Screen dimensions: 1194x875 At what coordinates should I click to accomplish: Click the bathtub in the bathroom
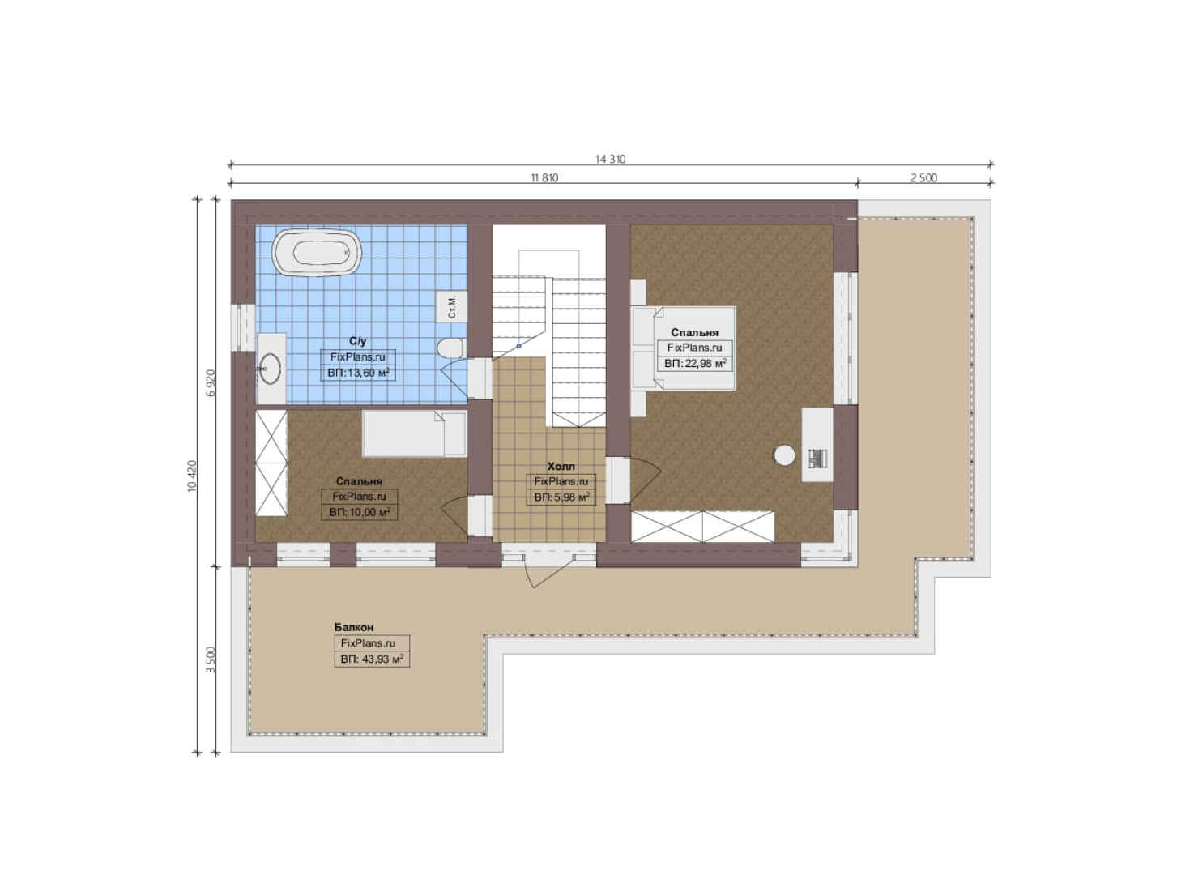[x=317, y=253]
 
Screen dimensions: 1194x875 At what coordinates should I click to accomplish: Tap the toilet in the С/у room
[x=451, y=348]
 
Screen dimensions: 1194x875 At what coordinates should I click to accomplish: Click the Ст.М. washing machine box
[x=451, y=306]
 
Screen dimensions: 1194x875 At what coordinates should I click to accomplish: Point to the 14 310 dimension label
[x=610, y=159]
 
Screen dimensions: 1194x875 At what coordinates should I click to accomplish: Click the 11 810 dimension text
[x=544, y=177]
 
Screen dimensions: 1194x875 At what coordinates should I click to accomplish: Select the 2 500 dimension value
[x=923, y=177]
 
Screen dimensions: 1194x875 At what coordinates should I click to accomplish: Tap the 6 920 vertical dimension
[x=211, y=382]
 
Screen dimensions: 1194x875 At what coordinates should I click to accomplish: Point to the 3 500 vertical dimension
[x=211, y=659]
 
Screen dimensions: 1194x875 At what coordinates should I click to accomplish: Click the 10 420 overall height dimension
[x=193, y=476]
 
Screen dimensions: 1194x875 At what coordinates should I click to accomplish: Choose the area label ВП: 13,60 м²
[x=358, y=373]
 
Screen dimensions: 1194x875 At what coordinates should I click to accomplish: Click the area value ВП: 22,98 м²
[x=695, y=364]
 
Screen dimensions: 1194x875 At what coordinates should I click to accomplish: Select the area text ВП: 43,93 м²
[x=372, y=659]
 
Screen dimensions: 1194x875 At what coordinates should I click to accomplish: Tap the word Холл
[x=561, y=466]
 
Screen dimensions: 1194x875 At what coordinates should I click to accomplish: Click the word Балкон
[x=354, y=627]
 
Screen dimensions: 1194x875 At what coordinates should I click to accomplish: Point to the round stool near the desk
[x=784, y=455]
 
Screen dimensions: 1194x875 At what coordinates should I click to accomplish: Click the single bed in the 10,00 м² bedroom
[x=414, y=433]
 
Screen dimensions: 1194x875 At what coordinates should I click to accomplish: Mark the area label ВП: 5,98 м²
[x=561, y=497]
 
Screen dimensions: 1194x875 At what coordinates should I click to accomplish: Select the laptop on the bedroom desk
[x=817, y=458]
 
